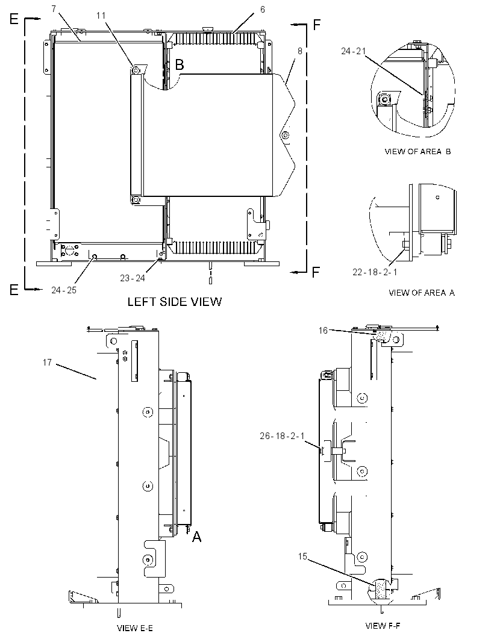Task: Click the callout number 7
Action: pos(54,9)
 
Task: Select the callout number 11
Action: pos(101,16)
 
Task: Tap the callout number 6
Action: pos(263,9)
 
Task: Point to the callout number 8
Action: pos(300,51)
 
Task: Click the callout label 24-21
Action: pos(353,51)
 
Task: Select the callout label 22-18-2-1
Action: pos(375,272)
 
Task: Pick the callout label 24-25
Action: pos(63,290)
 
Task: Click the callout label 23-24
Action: pos(133,278)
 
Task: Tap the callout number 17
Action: pos(47,362)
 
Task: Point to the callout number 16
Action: pos(323,330)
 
